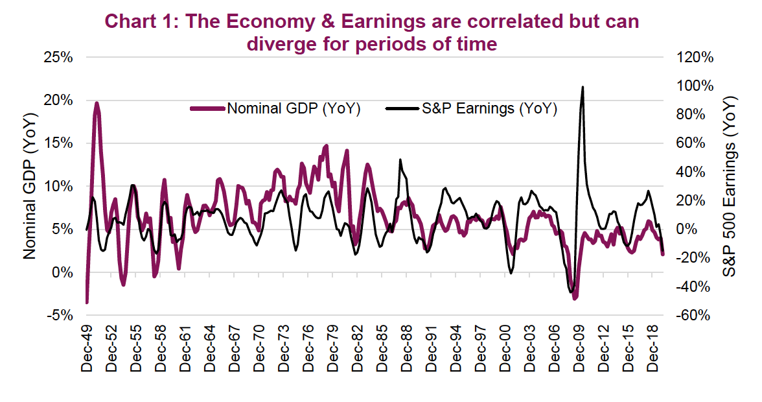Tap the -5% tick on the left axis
[58, 315]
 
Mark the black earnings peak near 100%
[583, 87]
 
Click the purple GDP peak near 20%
[97, 103]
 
